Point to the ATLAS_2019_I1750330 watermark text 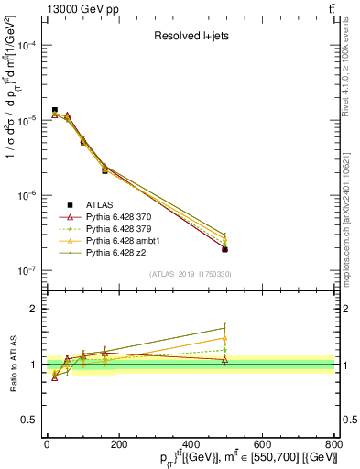pyautogui.click(x=191, y=274)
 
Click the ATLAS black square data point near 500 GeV pyautogui.click(x=225, y=249)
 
